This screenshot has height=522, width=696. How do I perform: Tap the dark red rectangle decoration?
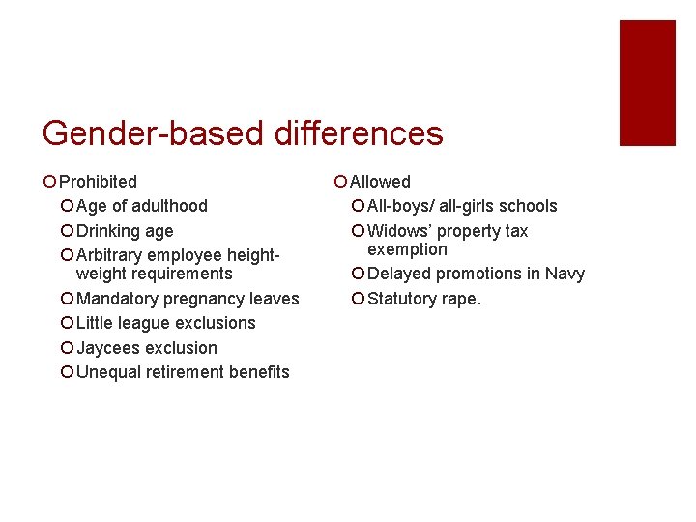pos(647,83)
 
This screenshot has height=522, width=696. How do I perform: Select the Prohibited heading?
pos(98,182)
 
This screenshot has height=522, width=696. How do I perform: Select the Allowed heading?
pos(380,182)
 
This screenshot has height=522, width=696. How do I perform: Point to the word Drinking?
pos(108,231)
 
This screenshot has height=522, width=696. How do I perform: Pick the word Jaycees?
pos(109,348)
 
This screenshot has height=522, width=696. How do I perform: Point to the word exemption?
pos(407,249)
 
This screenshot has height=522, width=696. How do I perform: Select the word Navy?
pos(565,274)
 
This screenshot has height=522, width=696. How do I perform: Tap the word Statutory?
pos(402,299)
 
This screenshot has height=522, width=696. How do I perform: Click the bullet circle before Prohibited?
pos(49,182)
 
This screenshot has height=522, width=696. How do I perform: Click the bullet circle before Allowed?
pos(339,182)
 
